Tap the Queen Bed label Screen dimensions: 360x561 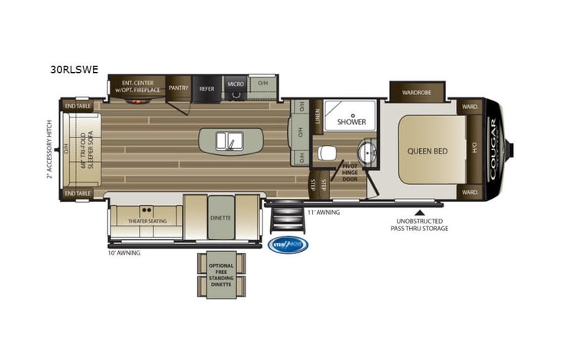point(427,151)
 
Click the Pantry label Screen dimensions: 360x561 point(179,88)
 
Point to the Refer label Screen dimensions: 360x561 point(207,88)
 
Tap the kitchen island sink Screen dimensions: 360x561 point(230,140)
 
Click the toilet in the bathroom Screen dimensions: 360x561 point(328,152)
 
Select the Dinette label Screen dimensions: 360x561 point(220,217)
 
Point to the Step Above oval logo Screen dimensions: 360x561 point(289,245)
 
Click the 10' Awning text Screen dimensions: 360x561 point(124,252)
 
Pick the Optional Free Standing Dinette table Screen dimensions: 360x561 point(221,275)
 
